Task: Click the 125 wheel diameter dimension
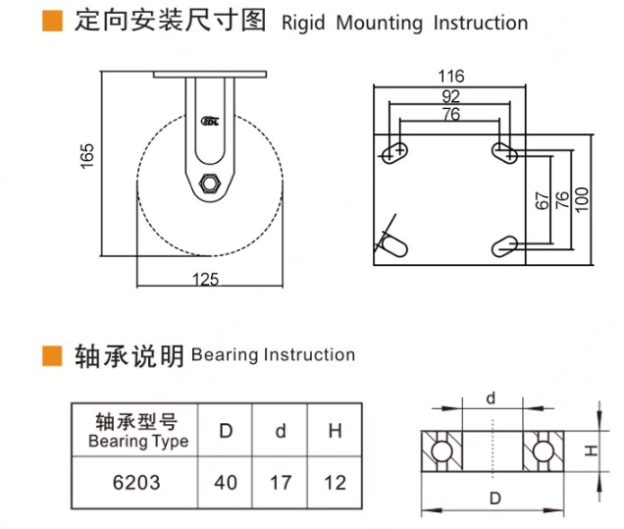(x=206, y=280)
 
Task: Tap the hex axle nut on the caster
(x=209, y=183)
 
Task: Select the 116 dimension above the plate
(x=451, y=76)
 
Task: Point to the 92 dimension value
(x=450, y=96)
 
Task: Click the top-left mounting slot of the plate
(x=395, y=151)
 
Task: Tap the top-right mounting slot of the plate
(x=505, y=151)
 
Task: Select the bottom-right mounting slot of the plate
(x=505, y=244)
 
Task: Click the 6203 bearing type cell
(x=136, y=483)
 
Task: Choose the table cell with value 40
(x=225, y=483)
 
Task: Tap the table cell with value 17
(x=280, y=483)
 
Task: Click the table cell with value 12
(x=334, y=483)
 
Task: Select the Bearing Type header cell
(x=136, y=431)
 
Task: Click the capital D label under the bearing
(x=494, y=498)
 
